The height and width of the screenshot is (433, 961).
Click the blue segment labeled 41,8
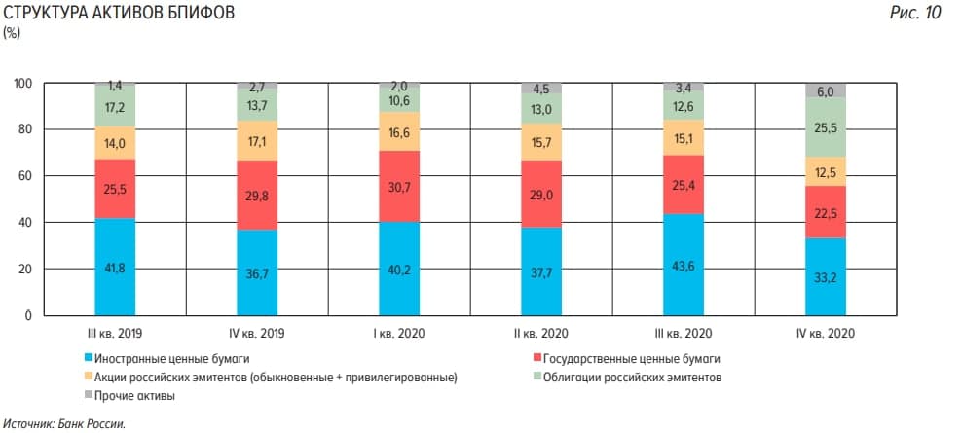[116, 267]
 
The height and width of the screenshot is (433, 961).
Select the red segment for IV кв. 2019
[256, 195]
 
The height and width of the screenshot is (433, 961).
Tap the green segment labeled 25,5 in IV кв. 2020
[825, 127]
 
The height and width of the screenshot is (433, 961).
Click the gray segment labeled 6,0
[825, 90]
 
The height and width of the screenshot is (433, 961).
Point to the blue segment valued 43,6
[683, 265]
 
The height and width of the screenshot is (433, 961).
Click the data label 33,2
[825, 276]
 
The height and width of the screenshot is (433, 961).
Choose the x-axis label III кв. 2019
[116, 334]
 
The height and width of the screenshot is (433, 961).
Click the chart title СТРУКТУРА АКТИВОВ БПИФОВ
[118, 15]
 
